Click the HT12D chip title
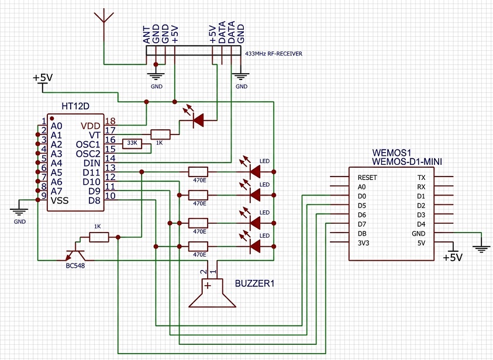click(75, 106)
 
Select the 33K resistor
click(132, 144)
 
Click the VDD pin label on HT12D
click(90, 126)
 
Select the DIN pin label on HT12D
click(92, 163)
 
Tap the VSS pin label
click(60, 200)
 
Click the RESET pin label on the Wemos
click(367, 178)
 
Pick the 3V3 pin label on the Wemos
click(363, 243)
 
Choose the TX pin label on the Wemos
click(421, 178)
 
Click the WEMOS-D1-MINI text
click(407, 162)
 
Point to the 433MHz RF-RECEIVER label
click(274, 54)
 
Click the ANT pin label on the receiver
click(147, 34)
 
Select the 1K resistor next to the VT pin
click(160, 134)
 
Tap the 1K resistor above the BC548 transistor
click(99, 237)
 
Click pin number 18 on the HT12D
click(111, 121)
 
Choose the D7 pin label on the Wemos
click(362, 224)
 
